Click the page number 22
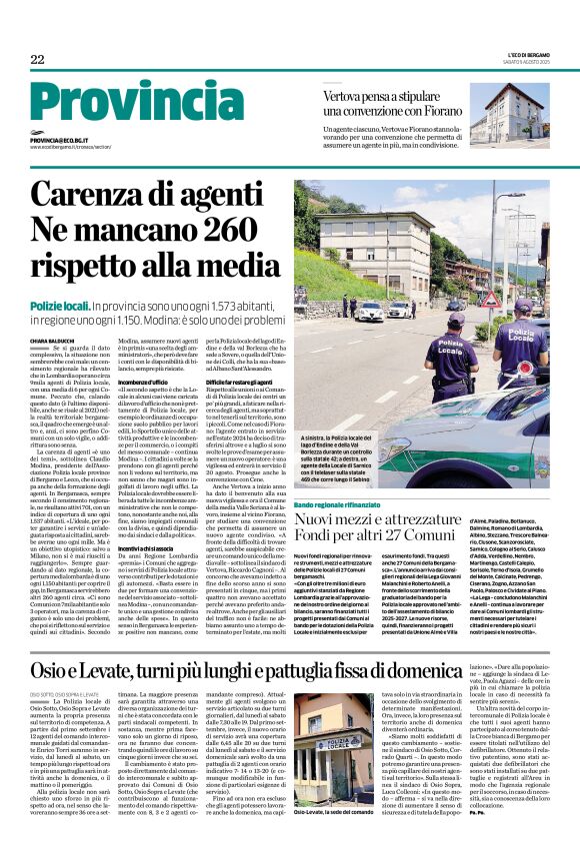tap(38, 59)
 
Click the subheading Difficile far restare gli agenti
tap(250, 382)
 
